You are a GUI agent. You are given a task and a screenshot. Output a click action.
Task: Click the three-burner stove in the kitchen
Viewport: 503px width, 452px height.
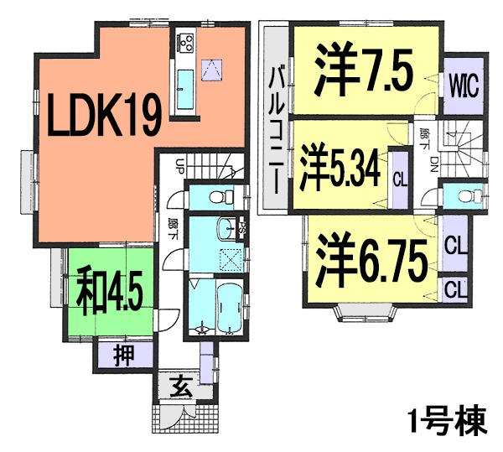tap(184, 39)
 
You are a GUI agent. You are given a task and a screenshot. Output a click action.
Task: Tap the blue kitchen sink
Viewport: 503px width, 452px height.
tap(185, 87)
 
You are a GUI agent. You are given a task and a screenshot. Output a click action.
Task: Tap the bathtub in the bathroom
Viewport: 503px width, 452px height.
tap(226, 309)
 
